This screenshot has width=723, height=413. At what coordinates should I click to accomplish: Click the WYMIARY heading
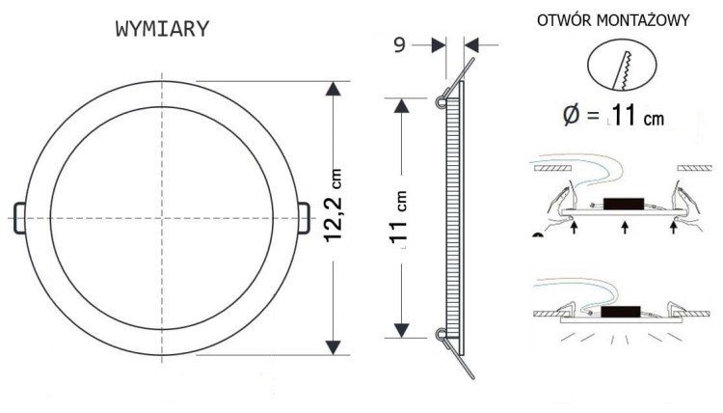(162, 30)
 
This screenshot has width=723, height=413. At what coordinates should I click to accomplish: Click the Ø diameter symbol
(572, 117)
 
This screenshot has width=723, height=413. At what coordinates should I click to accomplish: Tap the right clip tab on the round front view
(304, 217)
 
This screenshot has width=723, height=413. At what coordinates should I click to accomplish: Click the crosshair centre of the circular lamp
(162, 218)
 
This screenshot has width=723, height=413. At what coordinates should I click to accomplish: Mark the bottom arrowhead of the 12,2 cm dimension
(334, 344)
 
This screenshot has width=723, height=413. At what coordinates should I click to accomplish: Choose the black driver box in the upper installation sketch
(624, 204)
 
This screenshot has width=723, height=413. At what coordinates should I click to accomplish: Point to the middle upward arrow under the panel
(627, 229)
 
